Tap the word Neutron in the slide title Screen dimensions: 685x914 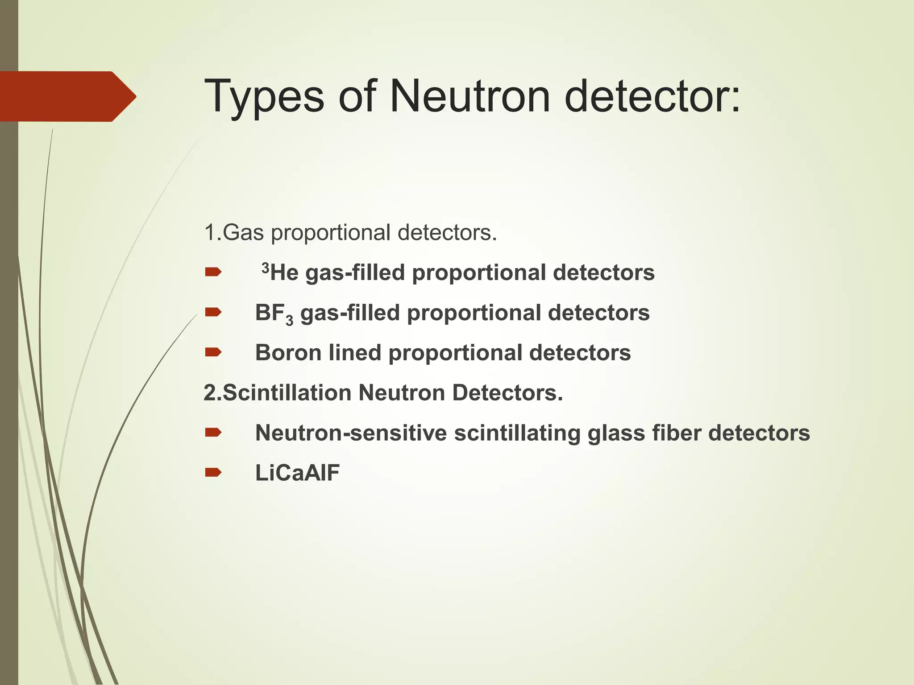click(470, 96)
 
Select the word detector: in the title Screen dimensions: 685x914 click(652, 96)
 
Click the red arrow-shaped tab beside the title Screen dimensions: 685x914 click(67, 96)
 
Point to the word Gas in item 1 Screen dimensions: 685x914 click(243, 233)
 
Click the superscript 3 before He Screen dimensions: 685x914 click(266, 268)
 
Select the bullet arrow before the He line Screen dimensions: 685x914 click(213, 272)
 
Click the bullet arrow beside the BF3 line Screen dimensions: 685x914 click(213, 312)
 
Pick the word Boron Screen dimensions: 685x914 click(288, 353)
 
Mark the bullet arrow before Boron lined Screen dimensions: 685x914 click(213, 352)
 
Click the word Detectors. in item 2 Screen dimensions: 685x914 click(507, 393)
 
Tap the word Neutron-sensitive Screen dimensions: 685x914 click(351, 433)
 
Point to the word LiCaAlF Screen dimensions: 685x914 click(297, 473)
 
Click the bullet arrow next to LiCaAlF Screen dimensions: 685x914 click(213, 473)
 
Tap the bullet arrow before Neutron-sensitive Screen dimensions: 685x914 click(213, 433)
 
